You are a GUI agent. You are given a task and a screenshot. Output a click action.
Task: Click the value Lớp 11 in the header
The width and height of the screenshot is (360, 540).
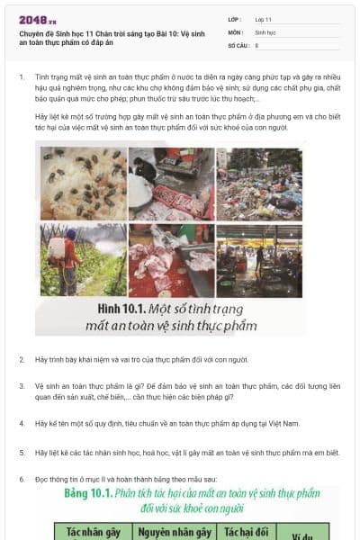coord(264,19)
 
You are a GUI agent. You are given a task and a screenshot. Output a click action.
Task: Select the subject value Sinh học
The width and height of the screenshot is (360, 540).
coord(265,31)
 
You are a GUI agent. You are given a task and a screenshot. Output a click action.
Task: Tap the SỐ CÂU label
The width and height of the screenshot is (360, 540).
coord(237,44)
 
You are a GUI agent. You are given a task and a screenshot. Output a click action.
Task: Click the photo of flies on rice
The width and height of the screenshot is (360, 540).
coord(83,184)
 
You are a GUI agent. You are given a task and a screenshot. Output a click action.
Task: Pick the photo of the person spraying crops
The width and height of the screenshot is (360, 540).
coord(83,260)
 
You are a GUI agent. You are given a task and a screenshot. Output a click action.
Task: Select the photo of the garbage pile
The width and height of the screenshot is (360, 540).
coord(259,184)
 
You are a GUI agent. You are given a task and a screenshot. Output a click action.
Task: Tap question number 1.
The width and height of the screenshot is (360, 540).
coord(22,77)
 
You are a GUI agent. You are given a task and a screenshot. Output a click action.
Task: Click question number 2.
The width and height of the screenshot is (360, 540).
coord(22,359)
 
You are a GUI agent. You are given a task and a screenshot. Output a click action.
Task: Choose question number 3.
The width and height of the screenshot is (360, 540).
coord(22,385)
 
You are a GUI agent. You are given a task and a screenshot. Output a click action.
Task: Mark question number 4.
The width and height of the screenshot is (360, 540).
coord(22,422)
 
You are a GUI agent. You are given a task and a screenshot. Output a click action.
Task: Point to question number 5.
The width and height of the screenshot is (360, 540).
coord(22,453)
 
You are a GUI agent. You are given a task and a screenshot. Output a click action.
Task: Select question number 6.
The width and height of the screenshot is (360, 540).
coord(22,480)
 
